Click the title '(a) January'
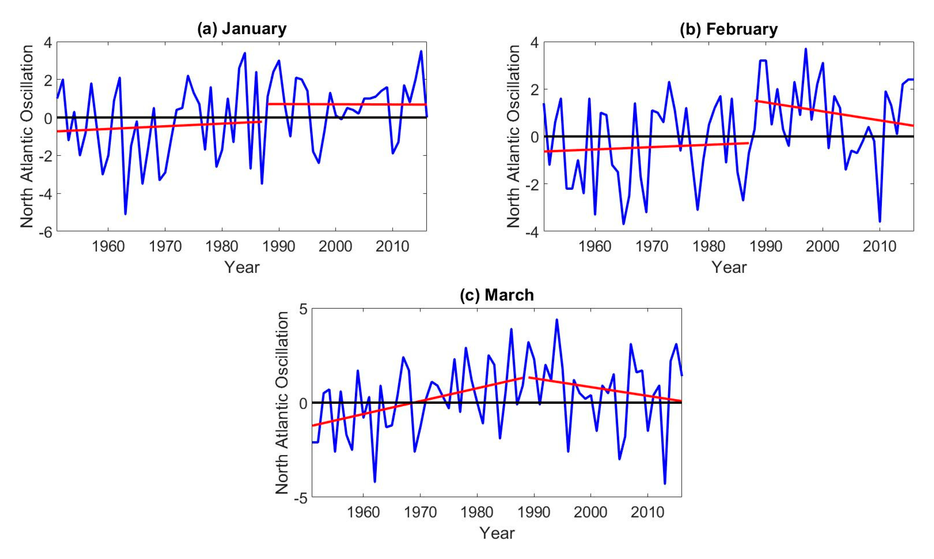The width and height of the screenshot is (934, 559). (242, 29)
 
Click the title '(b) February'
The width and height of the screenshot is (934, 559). (728, 29)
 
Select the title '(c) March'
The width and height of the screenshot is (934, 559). (497, 295)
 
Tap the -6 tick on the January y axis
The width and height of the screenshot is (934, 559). (47, 232)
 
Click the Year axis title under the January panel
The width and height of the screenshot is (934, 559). (242, 267)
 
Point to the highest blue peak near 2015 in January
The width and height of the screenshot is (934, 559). (421, 52)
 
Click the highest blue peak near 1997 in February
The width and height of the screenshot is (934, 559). (806, 49)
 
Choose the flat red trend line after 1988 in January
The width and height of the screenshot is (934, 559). (346, 104)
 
